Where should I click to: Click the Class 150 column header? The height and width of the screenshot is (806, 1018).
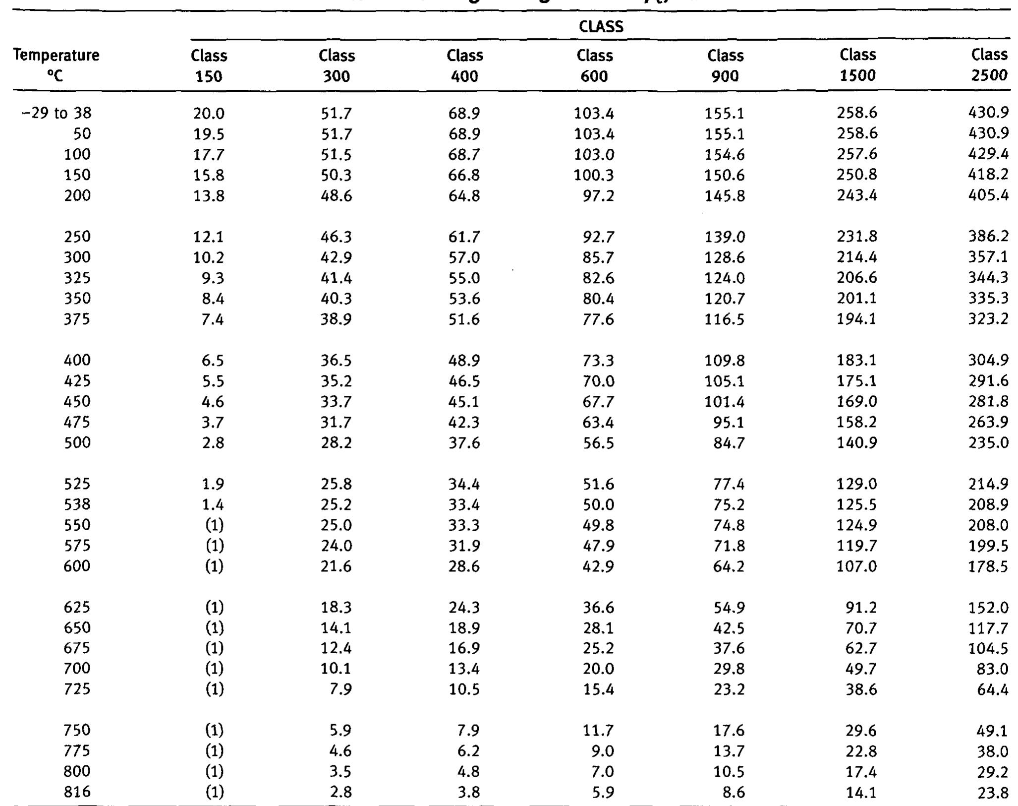[x=209, y=65]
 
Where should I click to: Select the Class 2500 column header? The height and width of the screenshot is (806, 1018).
[x=989, y=65]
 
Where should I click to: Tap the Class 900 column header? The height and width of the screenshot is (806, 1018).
[x=725, y=65]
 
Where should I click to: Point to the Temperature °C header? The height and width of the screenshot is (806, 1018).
[x=56, y=65]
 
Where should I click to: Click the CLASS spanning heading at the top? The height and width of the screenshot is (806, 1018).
[x=601, y=26]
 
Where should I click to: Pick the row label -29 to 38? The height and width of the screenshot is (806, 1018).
[x=57, y=114]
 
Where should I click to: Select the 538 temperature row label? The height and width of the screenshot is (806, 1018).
[x=77, y=504]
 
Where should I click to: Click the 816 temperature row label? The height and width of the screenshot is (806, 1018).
[x=77, y=792]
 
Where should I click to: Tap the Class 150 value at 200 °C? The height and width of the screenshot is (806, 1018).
[x=209, y=196]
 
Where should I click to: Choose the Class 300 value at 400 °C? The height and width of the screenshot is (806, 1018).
[x=336, y=361]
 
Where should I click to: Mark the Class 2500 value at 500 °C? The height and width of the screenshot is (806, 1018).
[x=988, y=442]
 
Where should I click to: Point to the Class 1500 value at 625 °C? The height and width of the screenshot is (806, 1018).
[x=860, y=608]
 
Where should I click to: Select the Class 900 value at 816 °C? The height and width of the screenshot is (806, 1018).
[x=734, y=793]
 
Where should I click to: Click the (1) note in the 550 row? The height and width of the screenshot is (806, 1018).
[x=214, y=525]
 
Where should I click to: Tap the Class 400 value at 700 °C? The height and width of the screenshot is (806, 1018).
[x=464, y=669]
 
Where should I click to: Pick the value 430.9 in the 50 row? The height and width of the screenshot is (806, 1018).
[x=988, y=134]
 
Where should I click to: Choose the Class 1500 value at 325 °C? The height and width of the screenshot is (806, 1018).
[x=857, y=278]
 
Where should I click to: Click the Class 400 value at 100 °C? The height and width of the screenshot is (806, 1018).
[x=464, y=155]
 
